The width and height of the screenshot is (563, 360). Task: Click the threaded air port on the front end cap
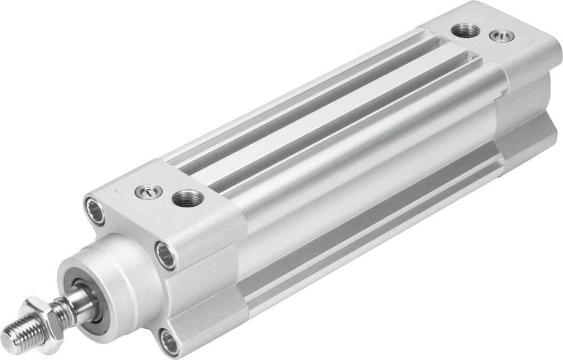pyautogui.click(x=188, y=198)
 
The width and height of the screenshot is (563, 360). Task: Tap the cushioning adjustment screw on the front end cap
pyautogui.click(x=149, y=192)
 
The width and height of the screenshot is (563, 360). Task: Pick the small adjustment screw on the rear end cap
pyautogui.click(x=502, y=36)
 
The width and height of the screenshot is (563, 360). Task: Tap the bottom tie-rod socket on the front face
pyautogui.click(x=168, y=342)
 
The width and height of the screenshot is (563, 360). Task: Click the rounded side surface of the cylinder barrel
pyautogui.click(x=360, y=186)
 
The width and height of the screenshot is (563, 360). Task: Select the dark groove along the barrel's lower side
pyautogui.click(x=360, y=237)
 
